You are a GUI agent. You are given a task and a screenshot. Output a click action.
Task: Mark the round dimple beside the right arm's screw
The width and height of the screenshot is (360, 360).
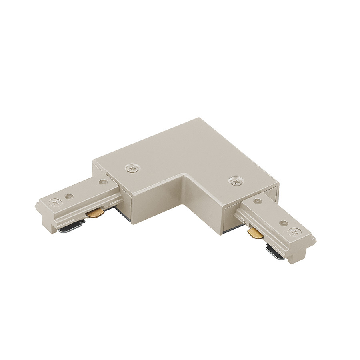pyautogui.click(x=283, y=223)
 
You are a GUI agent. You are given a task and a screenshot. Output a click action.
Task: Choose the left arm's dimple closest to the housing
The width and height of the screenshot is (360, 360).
pyautogui.click(x=103, y=182)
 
